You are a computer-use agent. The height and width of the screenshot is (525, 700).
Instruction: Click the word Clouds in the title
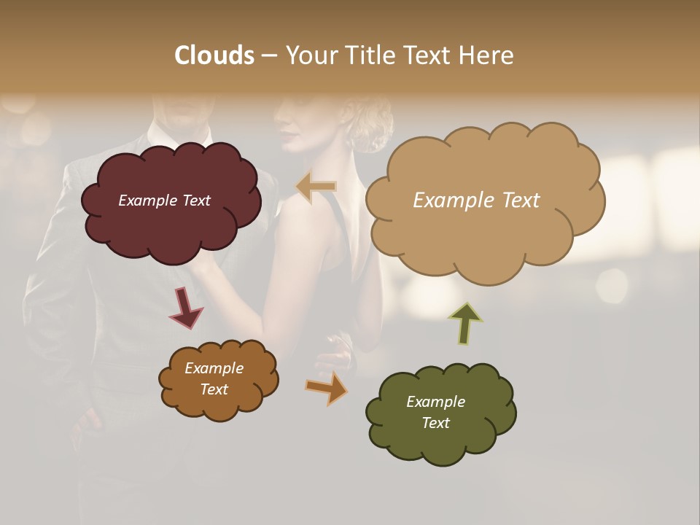(214, 55)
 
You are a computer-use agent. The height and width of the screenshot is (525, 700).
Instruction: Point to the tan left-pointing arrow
(316, 187)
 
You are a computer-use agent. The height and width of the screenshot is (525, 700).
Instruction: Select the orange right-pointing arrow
(327, 388)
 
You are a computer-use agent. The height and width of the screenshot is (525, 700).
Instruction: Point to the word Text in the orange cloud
(214, 389)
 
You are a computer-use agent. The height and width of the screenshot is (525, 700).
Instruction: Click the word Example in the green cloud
(435, 402)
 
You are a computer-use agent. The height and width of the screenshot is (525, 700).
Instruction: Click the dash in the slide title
(269, 56)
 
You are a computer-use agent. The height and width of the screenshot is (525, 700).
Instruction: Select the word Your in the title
(308, 55)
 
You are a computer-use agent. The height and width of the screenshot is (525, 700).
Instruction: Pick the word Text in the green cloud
(435, 423)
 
